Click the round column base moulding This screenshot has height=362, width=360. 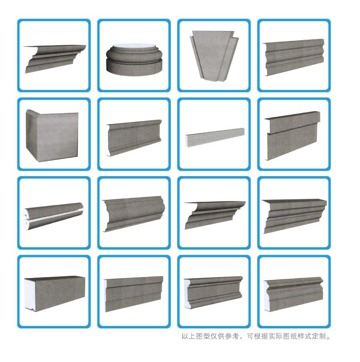pos(134,59)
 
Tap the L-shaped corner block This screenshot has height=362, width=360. pos(52,136)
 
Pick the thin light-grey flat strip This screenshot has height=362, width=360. pos(215,138)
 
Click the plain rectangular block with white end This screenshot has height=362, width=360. pos(55,294)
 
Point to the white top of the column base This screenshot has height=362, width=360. pos(134,46)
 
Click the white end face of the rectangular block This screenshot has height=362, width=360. pos(30,294)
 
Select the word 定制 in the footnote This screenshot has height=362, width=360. pos(319,336)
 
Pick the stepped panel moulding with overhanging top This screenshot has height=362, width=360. pos(293,136)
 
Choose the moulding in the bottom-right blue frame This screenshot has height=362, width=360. pos(293,294)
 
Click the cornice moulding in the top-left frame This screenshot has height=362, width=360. pos(55,59)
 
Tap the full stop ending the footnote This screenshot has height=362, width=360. pos(328,338)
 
